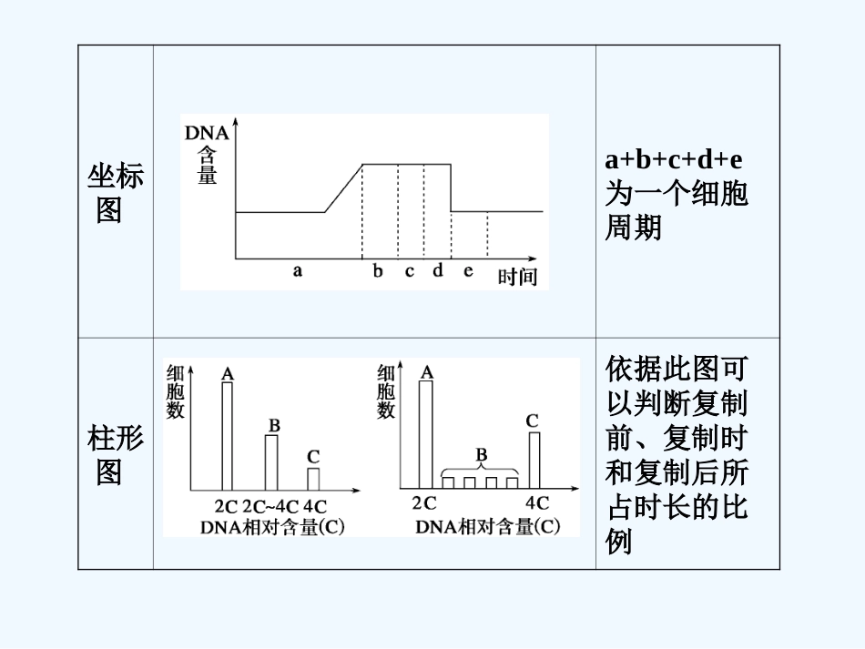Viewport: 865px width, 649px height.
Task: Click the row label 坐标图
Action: point(115,193)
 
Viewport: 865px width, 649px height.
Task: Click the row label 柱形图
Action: point(115,456)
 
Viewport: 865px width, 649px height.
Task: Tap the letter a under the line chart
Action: point(297,270)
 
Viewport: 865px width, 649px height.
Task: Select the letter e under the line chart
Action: point(469,270)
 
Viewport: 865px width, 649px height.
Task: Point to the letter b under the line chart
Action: point(378,270)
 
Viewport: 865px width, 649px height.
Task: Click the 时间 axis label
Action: point(517,276)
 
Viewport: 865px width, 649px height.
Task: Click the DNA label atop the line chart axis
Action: point(207,133)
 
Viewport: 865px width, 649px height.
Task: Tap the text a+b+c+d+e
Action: point(674,160)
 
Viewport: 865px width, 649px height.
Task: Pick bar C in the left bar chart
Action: point(313,478)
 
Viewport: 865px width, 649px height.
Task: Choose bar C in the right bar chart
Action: point(534,460)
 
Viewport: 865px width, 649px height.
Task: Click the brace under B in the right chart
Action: point(481,472)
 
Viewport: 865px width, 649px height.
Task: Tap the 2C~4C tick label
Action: point(270,506)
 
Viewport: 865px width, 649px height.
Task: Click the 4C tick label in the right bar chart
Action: point(536,502)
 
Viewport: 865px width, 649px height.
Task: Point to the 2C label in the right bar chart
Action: point(424,502)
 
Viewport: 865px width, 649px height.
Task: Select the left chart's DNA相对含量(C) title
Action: point(271,526)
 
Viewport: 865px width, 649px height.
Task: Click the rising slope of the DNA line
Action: point(344,188)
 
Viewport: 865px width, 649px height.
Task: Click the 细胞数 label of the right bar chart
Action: point(386,391)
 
